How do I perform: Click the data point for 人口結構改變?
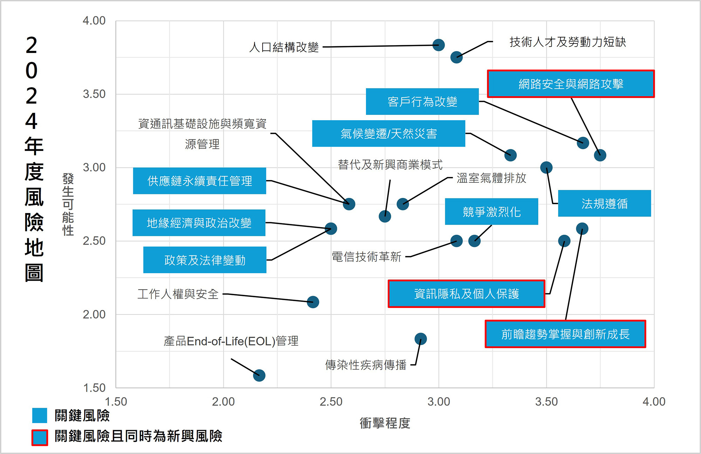click(438, 45)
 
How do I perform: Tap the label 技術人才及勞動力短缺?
click(567, 42)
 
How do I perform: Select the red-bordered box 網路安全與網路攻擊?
click(571, 84)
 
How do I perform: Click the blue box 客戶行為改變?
click(422, 102)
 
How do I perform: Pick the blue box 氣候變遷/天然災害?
click(388, 133)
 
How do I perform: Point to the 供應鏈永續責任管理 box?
click(199, 181)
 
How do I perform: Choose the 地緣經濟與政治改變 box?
click(199, 223)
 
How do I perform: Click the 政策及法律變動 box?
click(205, 260)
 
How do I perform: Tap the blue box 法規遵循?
click(604, 204)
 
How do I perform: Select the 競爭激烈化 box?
click(491, 212)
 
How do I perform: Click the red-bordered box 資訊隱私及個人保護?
click(466, 294)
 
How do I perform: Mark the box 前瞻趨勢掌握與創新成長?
click(565, 334)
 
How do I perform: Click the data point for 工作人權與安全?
click(313, 302)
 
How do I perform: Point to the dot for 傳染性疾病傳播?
click(421, 339)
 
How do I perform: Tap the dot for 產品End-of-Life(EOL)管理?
click(259, 376)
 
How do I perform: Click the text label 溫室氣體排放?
click(491, 178)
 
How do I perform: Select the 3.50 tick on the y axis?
click(94, 94)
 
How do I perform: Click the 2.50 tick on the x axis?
click(331, 401)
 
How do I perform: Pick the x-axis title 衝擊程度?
click(384, 423)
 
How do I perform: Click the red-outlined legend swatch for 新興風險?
click(40, 438)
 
